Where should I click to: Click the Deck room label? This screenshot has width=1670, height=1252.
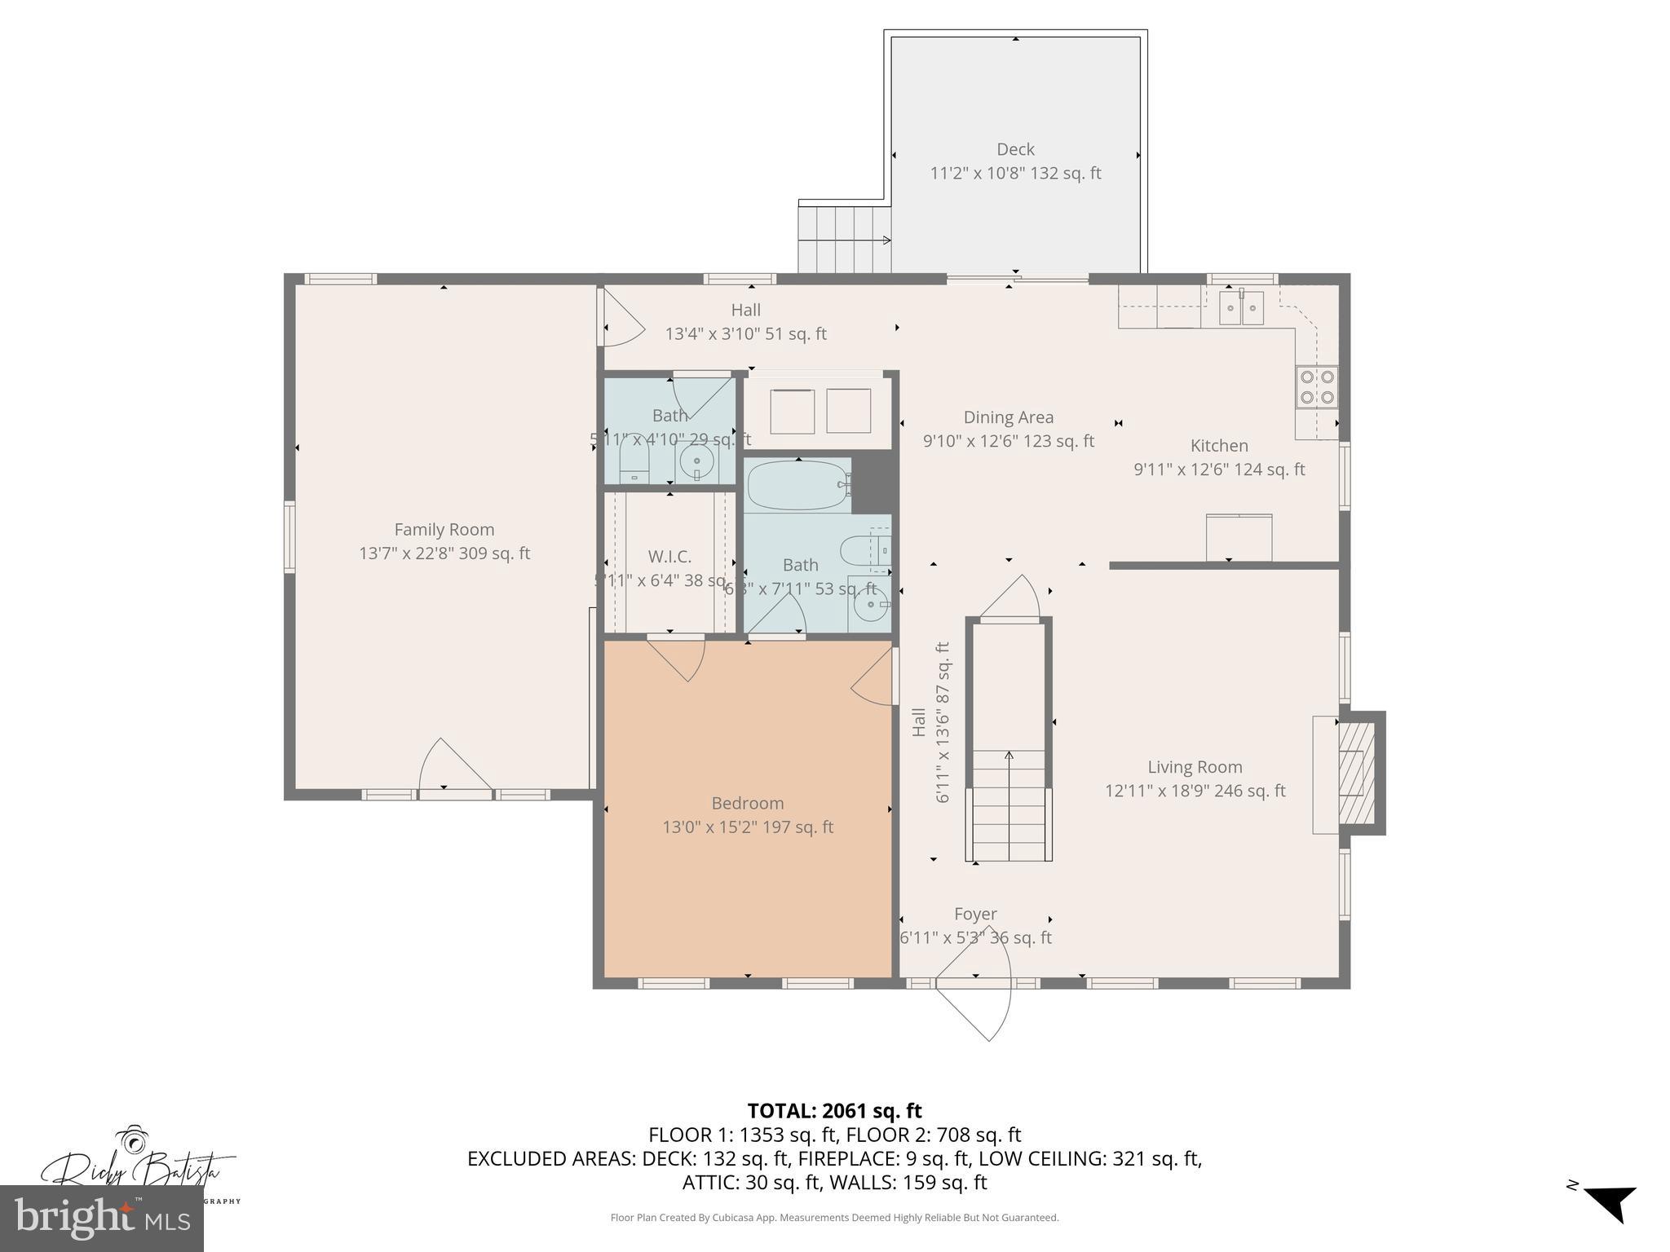(1015, 149)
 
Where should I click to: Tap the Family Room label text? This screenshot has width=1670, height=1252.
(444, 530)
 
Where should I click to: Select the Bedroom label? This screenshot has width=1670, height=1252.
(747, 803)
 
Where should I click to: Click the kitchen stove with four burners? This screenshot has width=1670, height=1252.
(1317, 387)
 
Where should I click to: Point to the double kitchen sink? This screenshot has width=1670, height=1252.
(1241, 308)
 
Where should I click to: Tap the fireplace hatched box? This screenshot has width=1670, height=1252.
(1357, 772)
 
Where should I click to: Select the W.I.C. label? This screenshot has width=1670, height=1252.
(669, 557)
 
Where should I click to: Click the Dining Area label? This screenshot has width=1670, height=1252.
(1008, 417)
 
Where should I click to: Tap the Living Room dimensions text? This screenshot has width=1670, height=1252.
(1195, 791)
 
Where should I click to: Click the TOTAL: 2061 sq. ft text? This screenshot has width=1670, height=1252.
(834, 1110)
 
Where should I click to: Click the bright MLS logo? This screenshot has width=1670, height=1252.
(101, 1218)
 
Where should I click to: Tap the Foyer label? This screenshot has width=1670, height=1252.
(975, 915)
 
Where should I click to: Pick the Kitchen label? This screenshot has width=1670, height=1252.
(1219, 446)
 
